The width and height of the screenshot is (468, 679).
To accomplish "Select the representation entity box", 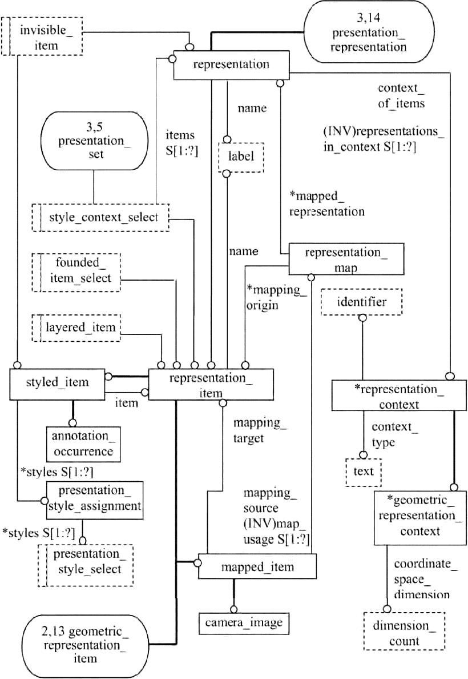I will pyautogui.click(x=231, y=65).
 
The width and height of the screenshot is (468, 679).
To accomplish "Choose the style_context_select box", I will pyautogui.click(x=101, y=217).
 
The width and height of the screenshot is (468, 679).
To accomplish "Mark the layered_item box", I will pyautogui.click(x=77, y=327).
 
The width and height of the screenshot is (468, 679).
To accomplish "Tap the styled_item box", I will pyautogui.click(x=57, y=382).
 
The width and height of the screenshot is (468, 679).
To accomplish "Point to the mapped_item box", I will pyautogui.click(x=257, y=567).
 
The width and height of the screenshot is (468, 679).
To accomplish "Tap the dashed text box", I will pyautogui.click(x=363, y=472).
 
